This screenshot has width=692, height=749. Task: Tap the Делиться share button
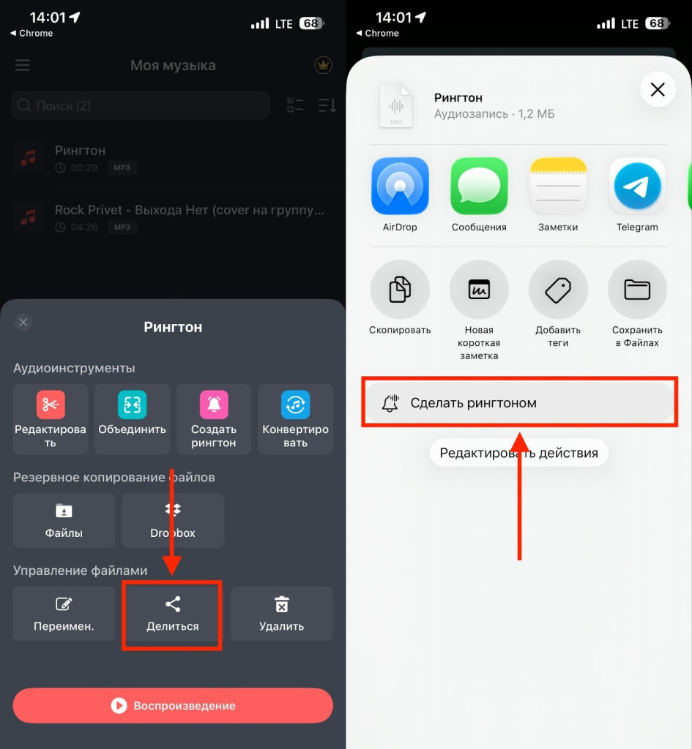[x=172, y=614]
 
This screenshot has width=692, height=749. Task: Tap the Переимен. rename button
[x=64, y=614]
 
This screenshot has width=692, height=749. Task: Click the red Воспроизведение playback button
[x=173, y=706]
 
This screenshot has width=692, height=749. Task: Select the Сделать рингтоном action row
[x=519, y=403]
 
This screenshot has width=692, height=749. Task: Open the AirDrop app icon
[x=400, y=186]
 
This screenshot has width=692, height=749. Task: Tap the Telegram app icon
[x=637, y=186]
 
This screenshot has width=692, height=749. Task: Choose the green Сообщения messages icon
[x=479, y=186]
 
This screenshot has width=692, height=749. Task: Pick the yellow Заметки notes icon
[x=558, y=186]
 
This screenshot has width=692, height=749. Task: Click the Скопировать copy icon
[x=400, y=290]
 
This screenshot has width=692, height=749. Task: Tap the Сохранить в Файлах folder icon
[x=637, y=290]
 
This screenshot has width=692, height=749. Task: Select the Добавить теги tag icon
[x=558, y=290]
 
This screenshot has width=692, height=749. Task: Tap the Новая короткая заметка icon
[x=479, y=290]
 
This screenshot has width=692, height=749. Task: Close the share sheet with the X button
[x=658, y=89]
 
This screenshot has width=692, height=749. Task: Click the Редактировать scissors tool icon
[x=51, y=404]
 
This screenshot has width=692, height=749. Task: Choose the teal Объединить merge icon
[x=132, y=404]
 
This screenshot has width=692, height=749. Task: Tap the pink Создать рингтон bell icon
[x=214, y=404]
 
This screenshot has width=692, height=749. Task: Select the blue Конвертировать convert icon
[x=296, y=404]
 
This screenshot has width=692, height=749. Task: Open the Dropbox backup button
[x=173, y=520]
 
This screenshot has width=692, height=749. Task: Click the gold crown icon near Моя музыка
[x=323, y=65]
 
